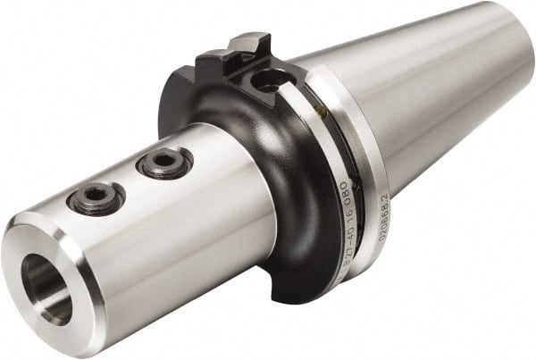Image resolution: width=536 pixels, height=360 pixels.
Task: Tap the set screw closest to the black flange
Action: [165, 163]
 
